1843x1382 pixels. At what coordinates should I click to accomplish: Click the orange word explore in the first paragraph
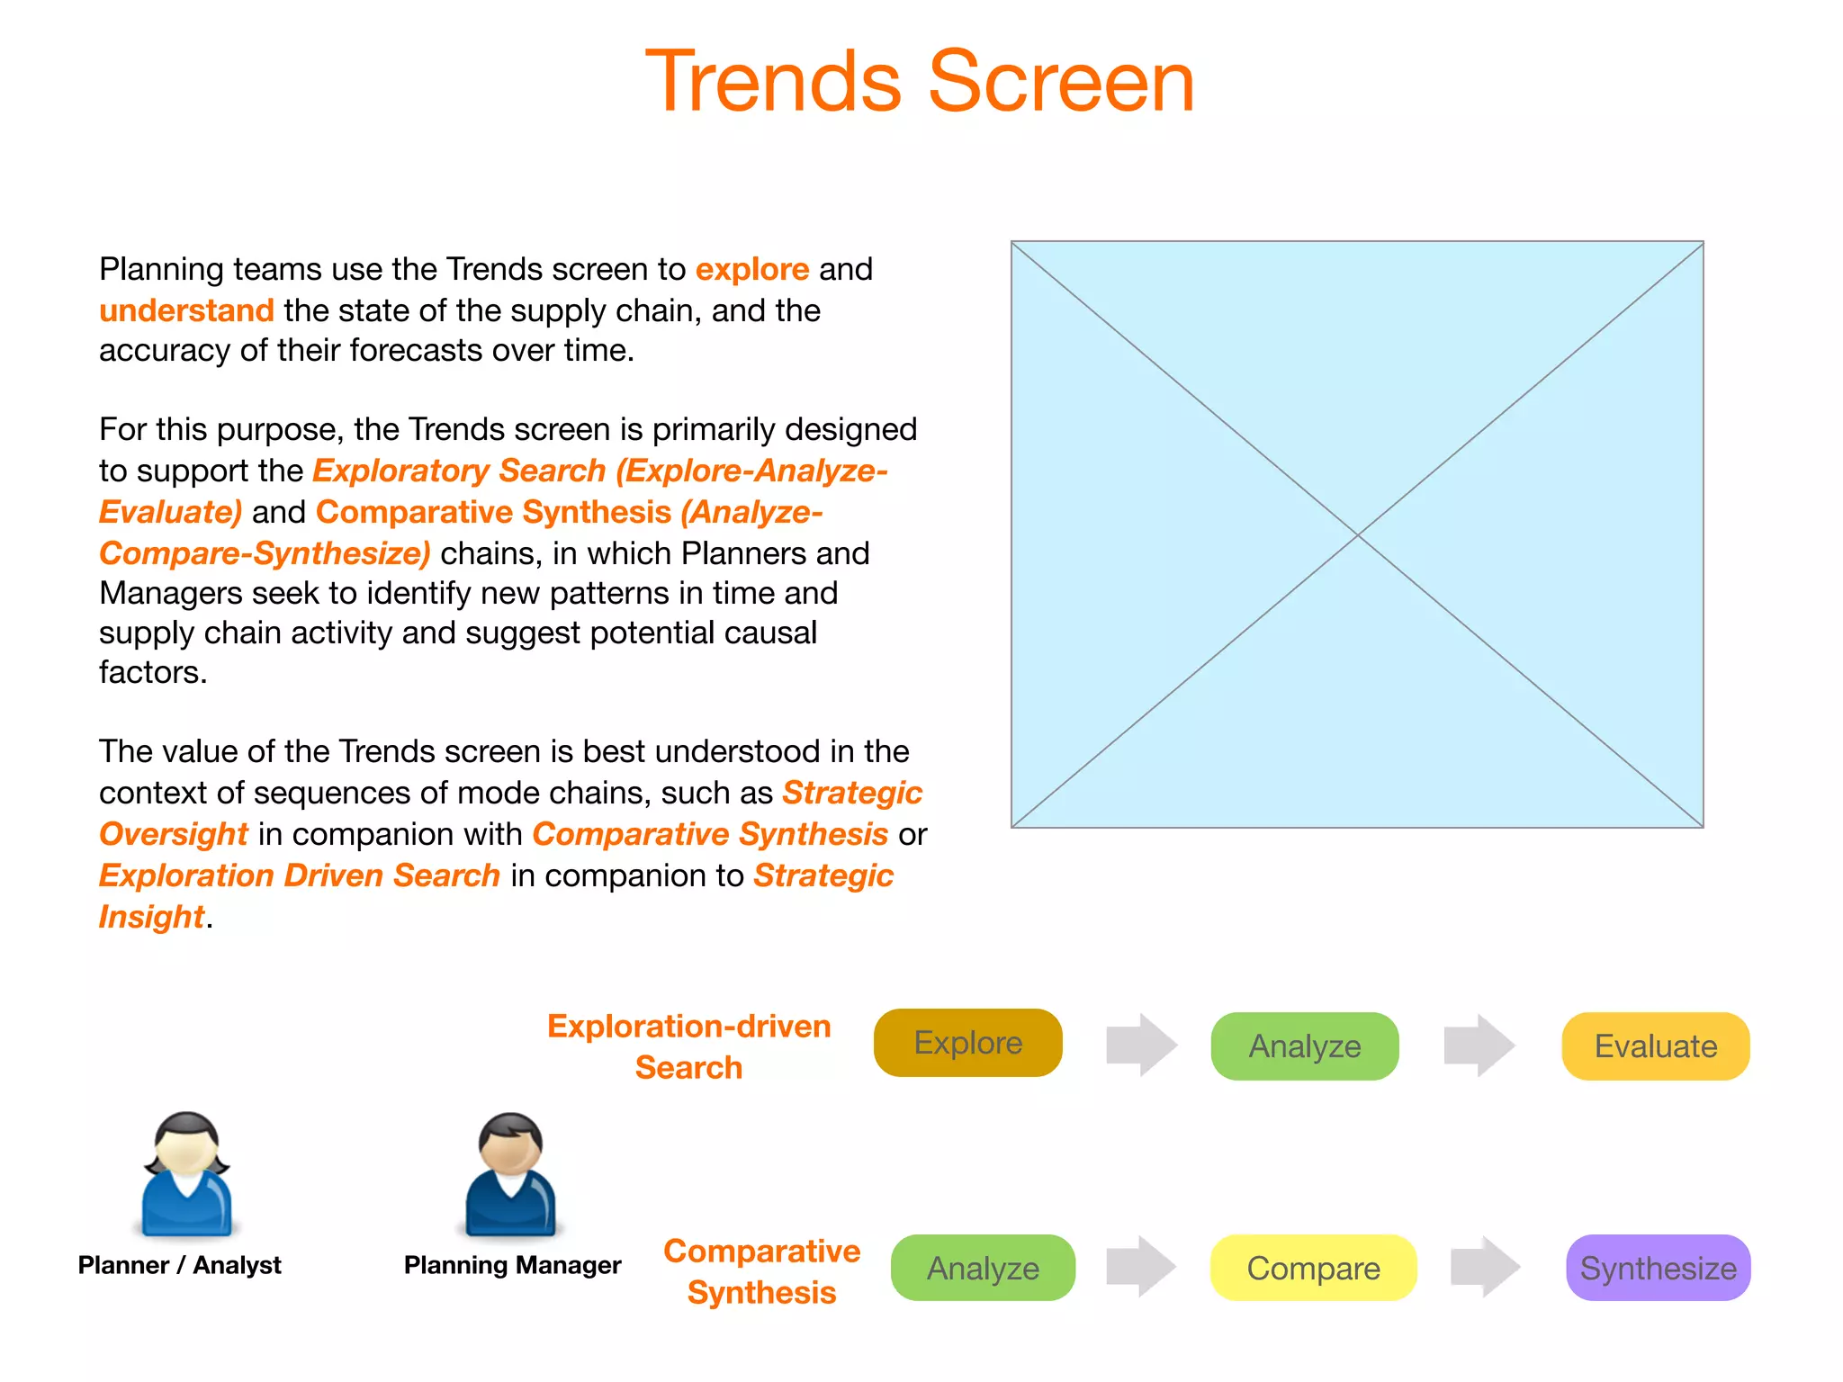(x=752, y=269)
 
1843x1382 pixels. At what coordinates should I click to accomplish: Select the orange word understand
(x=186, y=310)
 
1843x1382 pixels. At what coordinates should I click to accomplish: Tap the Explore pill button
(x=967, y=1043)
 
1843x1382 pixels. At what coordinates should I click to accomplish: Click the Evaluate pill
(x=1655, y=1046)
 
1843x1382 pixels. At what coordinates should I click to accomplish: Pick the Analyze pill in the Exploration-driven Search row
(x=1304, y=1046)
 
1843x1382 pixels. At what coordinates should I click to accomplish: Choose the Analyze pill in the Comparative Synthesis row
(x=983, y=1268)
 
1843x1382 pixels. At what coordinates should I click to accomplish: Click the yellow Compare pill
(x=1313, y=1268)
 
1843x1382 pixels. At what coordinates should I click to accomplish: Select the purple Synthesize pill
(x=1658, y=1268)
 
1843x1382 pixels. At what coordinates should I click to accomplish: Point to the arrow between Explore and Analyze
(x=1141, y=1045)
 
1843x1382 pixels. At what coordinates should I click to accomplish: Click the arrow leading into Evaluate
(x=1479, y=1045)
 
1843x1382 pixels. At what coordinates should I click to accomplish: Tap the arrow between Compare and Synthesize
(x=1485, y=1267)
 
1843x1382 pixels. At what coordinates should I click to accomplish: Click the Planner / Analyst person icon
(x=187, y=1174)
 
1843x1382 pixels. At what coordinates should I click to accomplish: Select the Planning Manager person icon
(x=510, y=1174)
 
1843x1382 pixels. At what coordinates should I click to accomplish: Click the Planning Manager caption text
(x=512, y=1265)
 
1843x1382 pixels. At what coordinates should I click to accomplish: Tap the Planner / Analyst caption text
(x=179, y=1265)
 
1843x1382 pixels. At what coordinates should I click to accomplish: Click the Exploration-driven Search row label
(x=688, y=1046)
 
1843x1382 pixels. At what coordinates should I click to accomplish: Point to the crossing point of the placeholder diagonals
(x=1357, y=534)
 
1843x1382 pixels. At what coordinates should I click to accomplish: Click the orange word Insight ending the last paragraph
(x=151, y=917)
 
